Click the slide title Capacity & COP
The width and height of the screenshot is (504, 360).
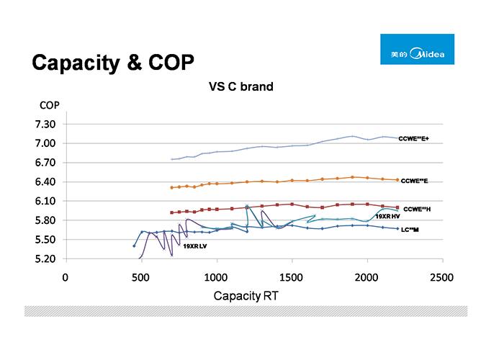[112, 63]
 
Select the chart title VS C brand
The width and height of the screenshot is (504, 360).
[240, 87]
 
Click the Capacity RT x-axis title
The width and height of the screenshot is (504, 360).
[246, 296]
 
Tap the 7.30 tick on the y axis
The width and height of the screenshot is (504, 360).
[45, 125]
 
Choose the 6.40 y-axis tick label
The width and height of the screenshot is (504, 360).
[45, 182]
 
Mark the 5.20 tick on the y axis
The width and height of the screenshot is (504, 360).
[45, 258]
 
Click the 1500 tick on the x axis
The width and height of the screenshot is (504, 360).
[292, 276]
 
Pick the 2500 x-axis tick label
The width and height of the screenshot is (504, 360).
[441, 276]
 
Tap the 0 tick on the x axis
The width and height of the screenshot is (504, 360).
[65, 276]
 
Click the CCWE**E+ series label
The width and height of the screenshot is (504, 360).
[413, 139]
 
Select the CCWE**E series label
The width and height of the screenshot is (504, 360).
[414, 181]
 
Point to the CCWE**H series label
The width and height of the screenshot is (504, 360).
[417, 209]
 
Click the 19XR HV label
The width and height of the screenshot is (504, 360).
[387, 217]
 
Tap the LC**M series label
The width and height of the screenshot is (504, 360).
[410, 230]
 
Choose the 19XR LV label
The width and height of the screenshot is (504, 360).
[194, 246]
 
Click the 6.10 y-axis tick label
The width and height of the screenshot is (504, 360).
[45, 202]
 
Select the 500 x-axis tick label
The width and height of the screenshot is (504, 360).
[140, 276]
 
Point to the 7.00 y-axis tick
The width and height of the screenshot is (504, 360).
[45, 144]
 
